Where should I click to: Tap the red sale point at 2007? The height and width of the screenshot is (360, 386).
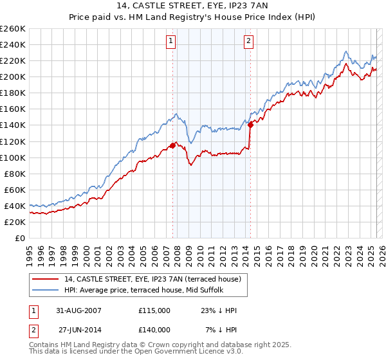click(172, 145)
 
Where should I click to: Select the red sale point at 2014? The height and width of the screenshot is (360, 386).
click(250, 125)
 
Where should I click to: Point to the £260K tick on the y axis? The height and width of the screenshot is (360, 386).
click(13, 29)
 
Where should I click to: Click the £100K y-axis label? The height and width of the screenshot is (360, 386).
click(13, 157)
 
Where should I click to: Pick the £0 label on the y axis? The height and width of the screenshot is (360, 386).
click(19, 238)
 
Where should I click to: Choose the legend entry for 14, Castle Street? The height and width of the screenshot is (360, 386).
click(152, 279)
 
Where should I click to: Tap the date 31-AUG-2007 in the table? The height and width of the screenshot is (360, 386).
click(79, 310)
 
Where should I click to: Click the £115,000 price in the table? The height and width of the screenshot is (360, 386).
click(154, 310)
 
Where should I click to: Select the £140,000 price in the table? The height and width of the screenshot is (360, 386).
click(154, 329)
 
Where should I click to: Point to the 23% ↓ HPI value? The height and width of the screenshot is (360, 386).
click(219, 310)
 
